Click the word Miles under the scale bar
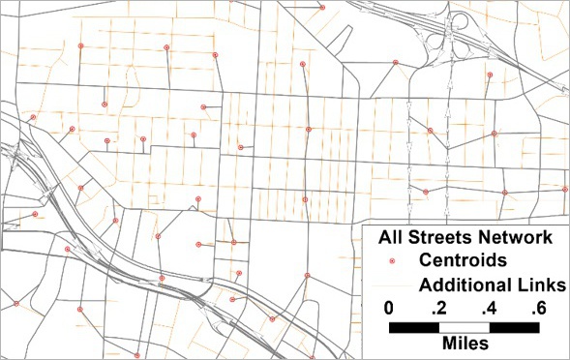(x=464, y=344)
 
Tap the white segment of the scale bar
(x=464, y=327)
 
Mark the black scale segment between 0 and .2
(x=413, y=327)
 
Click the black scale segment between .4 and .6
(x=514, y=327)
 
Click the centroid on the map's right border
(x=564, y=189)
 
